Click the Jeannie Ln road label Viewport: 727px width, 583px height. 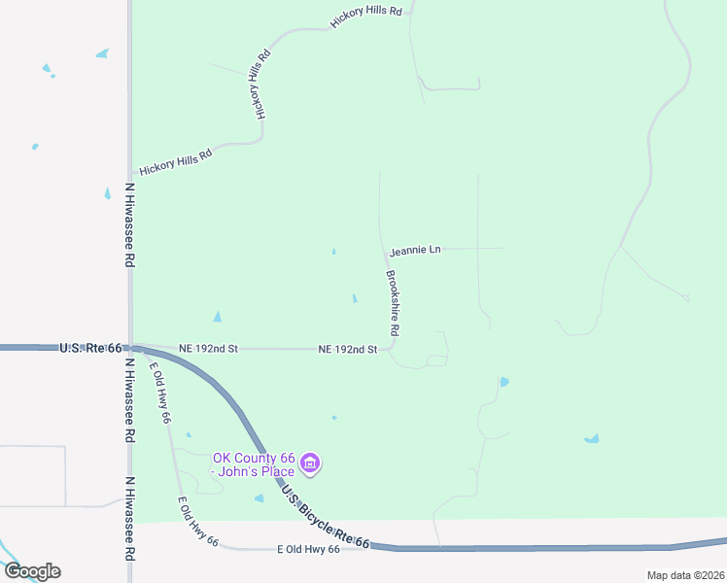pos(415,251)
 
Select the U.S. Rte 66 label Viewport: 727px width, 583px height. pos(90,347)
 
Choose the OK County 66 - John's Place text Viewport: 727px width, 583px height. pos(254,465)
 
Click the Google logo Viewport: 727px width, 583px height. pos(31,571)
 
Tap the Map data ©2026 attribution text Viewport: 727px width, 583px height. pos(685,575)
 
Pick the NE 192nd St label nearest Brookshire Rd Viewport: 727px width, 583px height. pos(347,350)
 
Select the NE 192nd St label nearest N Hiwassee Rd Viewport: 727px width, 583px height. pos(209,348)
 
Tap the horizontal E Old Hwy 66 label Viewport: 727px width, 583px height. pos(308,550)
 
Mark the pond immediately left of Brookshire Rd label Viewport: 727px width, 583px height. pos(354,298)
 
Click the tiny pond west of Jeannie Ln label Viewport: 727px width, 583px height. pos(333,252)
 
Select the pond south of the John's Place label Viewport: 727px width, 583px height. pos(259,498)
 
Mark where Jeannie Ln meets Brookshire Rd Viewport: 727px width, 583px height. pos(383,249)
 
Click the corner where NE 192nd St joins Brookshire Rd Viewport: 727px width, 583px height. pos(393,347)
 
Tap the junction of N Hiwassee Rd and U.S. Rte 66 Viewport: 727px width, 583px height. pos(130,347)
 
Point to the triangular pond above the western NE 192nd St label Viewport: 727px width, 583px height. pos(217,317)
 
